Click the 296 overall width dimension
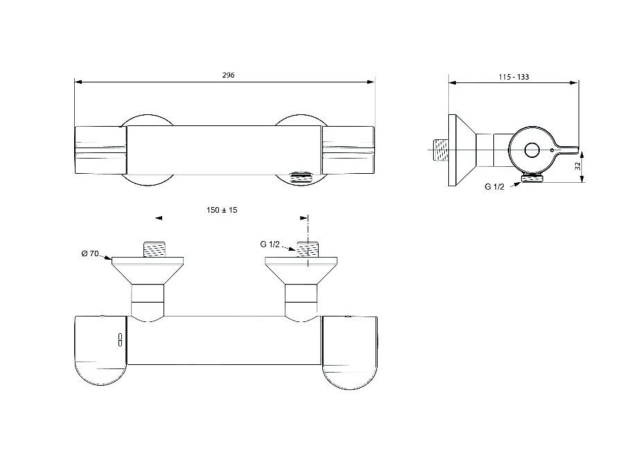tap(229, 75)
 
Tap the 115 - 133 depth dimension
tap(514, 77)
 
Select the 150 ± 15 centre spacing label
tap(222, 210)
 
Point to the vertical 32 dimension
tap(578, 166)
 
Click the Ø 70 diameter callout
tap(90, 253)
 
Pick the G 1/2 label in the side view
tap(495, 186)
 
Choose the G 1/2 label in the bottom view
tap(270, 244)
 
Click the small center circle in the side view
tap(532, 150)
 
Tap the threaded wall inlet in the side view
tap(441, 150)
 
